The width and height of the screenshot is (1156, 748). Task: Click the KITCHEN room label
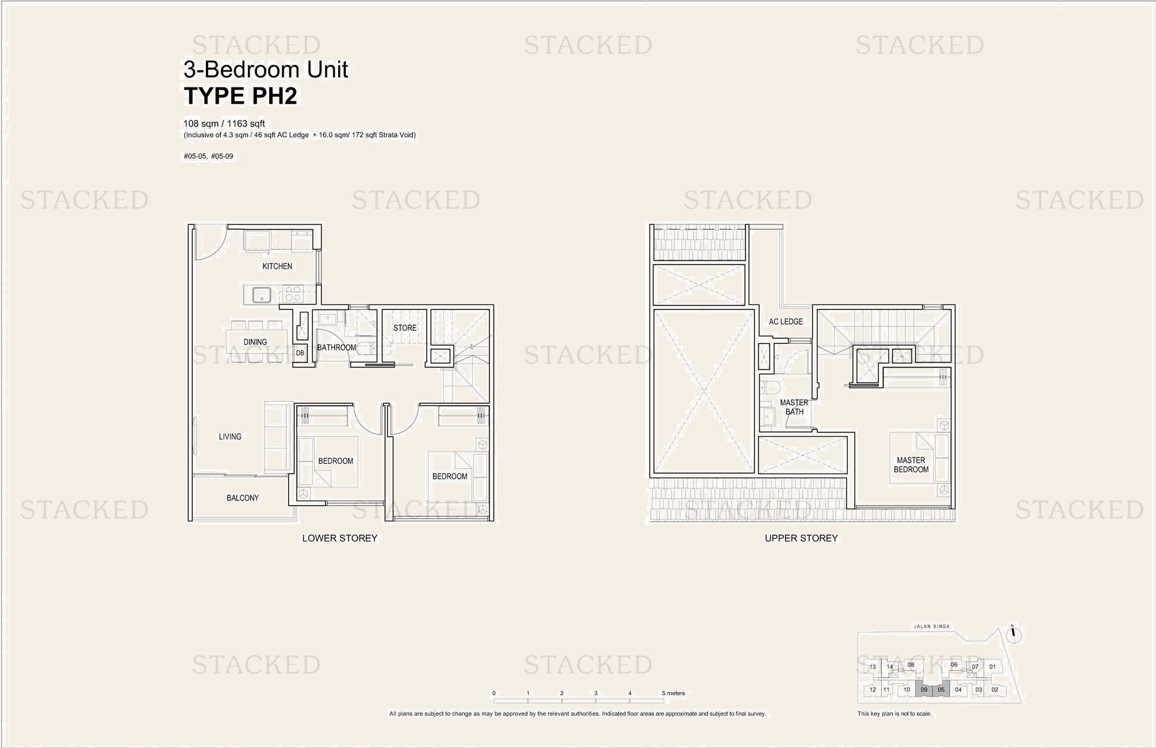277,266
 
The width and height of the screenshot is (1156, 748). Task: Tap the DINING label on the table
255,342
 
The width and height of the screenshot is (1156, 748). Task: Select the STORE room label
405,328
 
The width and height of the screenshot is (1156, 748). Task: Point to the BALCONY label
243,498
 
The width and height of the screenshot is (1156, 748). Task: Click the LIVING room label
230,437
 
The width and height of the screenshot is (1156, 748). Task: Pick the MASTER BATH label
794,407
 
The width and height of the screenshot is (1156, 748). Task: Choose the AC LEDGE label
786,322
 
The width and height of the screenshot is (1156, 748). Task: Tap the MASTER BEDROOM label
911,465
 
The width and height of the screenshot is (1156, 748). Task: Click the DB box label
300,353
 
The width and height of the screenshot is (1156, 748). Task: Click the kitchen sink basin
262,295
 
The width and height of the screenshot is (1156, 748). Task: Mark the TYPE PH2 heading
240,96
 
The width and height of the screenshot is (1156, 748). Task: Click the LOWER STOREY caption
340,538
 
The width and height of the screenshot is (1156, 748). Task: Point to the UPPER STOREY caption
801,538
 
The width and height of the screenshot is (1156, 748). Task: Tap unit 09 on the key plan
924,689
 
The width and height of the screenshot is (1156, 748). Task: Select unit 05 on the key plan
941,689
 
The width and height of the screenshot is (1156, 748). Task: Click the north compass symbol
1015,635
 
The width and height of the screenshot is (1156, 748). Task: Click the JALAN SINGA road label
932,627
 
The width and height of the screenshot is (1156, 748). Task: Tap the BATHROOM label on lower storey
336,348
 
